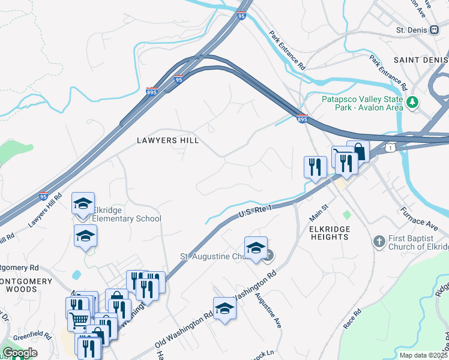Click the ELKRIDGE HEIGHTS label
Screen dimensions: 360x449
330,233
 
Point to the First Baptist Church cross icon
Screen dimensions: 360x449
379,241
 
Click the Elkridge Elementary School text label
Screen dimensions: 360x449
127,214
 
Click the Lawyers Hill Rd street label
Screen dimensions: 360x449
45,211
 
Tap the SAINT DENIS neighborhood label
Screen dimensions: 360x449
421,60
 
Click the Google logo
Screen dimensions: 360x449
20,353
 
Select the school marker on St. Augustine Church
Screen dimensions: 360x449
256,248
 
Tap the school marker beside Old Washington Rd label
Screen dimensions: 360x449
224,308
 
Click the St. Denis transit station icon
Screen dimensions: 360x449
435,30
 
